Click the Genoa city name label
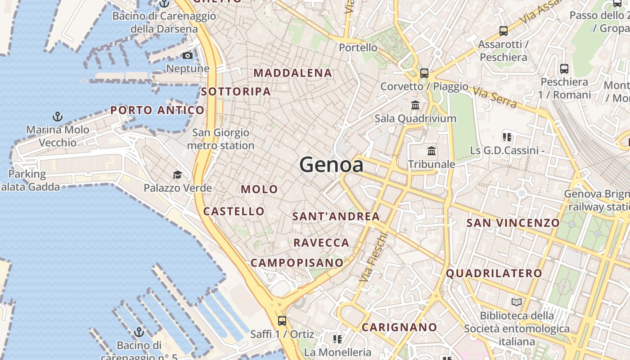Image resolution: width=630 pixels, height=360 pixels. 331,165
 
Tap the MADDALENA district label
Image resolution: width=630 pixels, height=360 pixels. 293,73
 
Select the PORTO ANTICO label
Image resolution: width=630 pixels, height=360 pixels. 157,110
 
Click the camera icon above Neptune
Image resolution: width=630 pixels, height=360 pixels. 188,56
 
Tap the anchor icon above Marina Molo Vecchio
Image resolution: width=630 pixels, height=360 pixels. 58,117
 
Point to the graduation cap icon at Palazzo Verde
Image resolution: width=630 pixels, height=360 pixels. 178,175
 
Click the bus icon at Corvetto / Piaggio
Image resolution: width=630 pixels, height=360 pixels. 424,73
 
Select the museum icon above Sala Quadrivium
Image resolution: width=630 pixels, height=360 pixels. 415,105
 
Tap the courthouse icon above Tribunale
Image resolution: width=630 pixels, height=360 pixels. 432,151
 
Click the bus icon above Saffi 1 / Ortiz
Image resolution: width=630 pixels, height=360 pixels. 282,321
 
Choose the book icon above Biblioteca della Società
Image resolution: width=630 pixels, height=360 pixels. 517,302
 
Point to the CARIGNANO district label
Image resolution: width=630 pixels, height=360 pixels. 400,328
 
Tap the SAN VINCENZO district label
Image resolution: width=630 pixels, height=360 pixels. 513,223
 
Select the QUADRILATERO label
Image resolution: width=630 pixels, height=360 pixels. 494,273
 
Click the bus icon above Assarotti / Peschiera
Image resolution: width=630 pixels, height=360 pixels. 504,31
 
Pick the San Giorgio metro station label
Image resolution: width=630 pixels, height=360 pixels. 220,139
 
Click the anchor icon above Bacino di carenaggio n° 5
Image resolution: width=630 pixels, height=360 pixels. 139,333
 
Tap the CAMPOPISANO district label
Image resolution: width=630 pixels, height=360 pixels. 297,263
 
